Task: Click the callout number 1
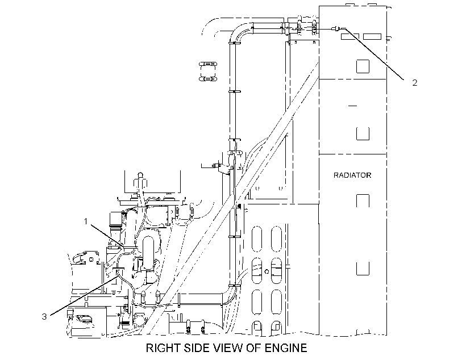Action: [86, 221]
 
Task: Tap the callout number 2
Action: [415, 82]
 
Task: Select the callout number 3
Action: [44, 317]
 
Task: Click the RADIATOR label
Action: [352, 175]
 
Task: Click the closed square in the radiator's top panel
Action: [363, 66]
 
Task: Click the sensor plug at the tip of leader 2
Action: [337, 29]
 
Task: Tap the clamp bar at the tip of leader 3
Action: [119, 268]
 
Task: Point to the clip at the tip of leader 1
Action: [130, 246]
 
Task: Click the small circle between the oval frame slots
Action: [267, 271]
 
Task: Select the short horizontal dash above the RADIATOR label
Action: [352, 106]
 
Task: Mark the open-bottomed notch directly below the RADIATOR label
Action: [363, 201]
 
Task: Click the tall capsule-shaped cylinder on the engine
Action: [148, 253]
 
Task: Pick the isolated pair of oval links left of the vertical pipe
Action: [208, 72]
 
